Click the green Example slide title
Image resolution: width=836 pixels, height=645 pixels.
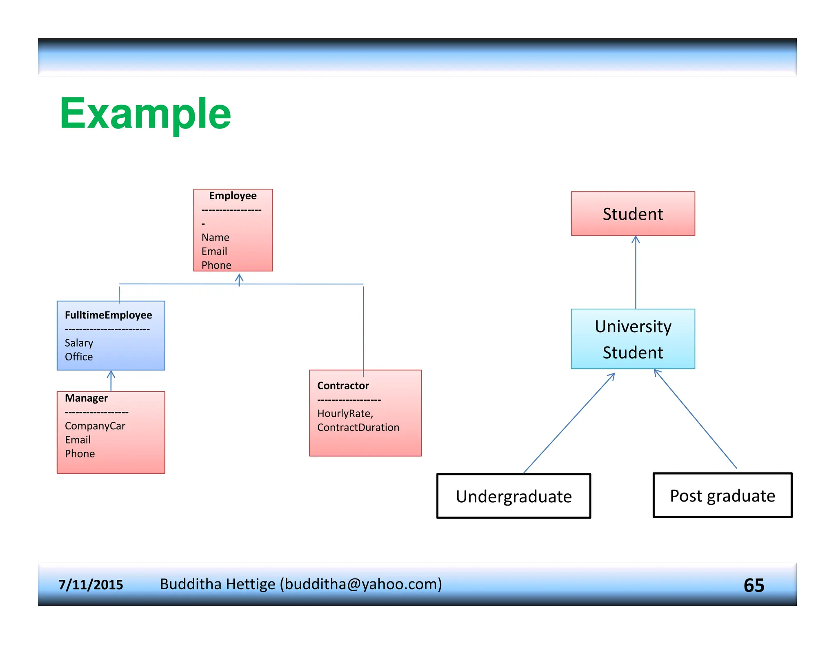145,114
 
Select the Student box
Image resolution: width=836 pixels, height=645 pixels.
633,214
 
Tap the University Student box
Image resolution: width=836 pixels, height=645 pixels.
633,339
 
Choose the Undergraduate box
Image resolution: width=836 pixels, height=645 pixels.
514,496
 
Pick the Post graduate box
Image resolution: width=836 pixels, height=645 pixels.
722,495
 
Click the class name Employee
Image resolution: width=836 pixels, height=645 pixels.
233,196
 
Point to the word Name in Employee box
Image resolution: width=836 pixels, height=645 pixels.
215,237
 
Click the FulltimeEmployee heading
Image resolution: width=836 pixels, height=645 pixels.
108,315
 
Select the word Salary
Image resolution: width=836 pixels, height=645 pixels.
79,343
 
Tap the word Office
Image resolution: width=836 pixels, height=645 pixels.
79,357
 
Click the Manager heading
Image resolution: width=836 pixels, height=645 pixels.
86,398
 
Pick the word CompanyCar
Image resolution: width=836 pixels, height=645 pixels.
95,426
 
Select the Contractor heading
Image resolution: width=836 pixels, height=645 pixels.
343,386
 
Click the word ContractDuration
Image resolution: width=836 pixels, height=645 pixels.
358,427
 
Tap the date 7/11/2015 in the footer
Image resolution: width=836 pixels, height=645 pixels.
91,585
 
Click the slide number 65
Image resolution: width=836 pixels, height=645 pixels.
754,585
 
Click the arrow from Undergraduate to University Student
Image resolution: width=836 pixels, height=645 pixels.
569,423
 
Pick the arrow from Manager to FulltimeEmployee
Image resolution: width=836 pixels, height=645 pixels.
111,381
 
